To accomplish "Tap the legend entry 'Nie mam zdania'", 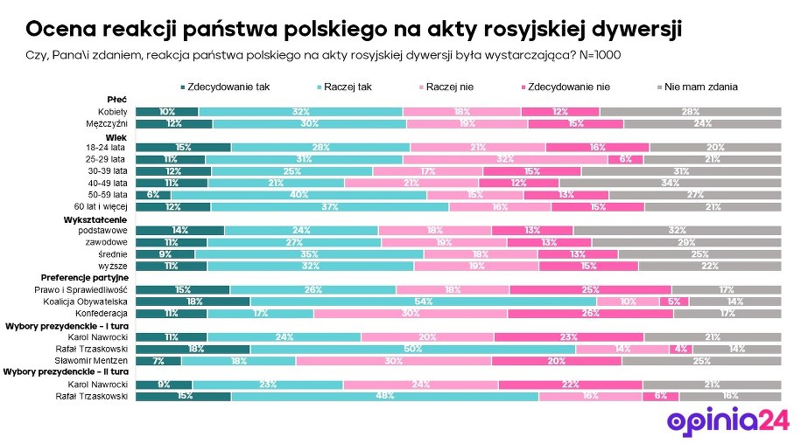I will click(x=700, y=87).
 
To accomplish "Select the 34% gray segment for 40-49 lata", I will click(x=671, y=183).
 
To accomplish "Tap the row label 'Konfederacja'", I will click(x=103, y=313).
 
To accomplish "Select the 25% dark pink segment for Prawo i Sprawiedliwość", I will click(x=590, y=289).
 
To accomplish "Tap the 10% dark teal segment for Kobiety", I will click(x=167, y=112).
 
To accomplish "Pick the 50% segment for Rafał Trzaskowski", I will click(x=412, y=349).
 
